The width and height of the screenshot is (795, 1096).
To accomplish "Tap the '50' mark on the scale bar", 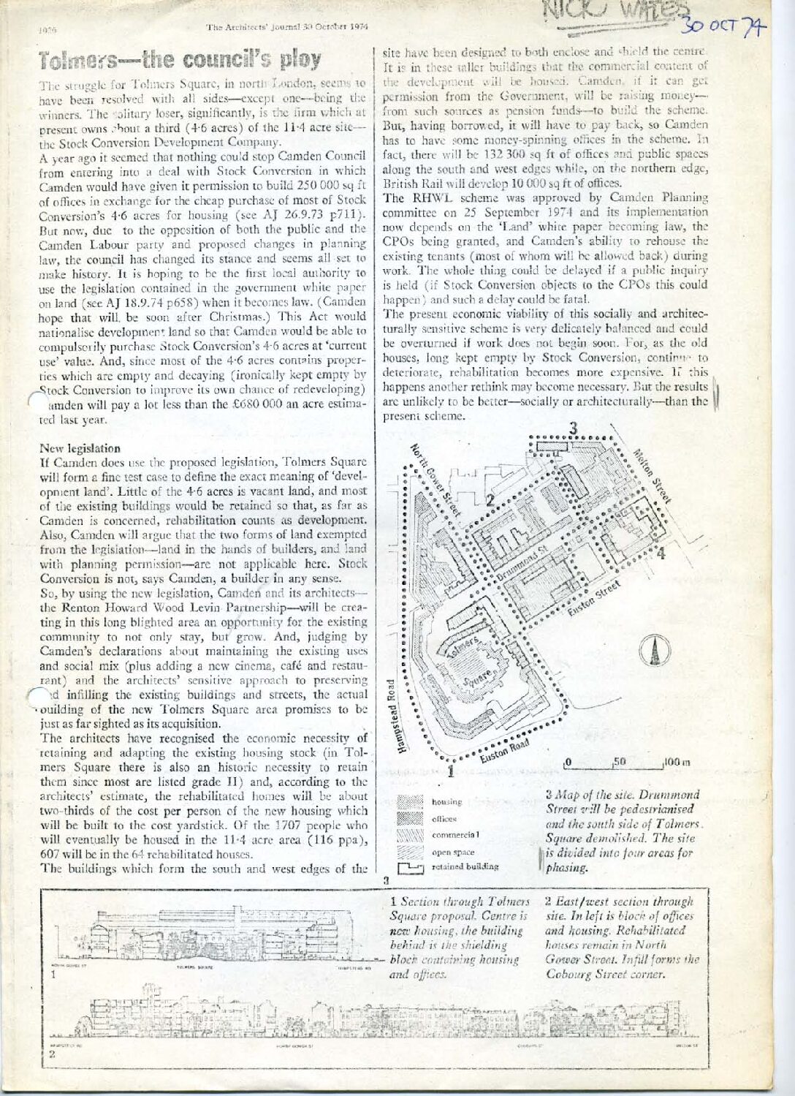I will (x=620, y=761).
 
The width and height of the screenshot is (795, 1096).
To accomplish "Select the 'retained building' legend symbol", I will (x=411, y=867).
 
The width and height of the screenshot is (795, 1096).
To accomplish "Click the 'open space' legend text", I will (x=454, y=851).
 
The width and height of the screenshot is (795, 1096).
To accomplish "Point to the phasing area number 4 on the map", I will (x=661, y=553).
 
